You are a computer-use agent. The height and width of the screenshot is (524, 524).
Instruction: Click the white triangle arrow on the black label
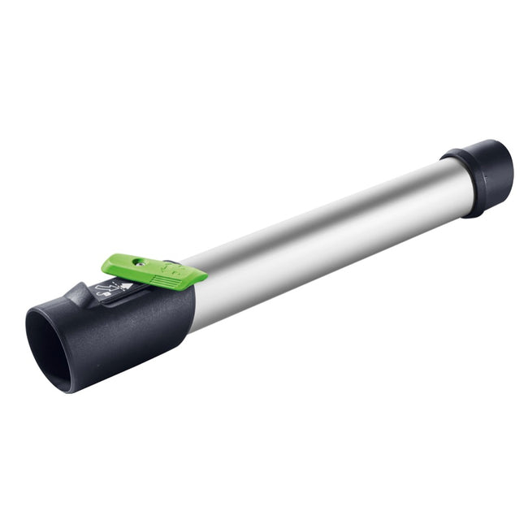127,286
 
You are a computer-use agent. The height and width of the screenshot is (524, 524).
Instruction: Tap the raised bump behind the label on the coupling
80,295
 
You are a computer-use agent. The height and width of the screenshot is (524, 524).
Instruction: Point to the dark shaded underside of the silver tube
325,264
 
